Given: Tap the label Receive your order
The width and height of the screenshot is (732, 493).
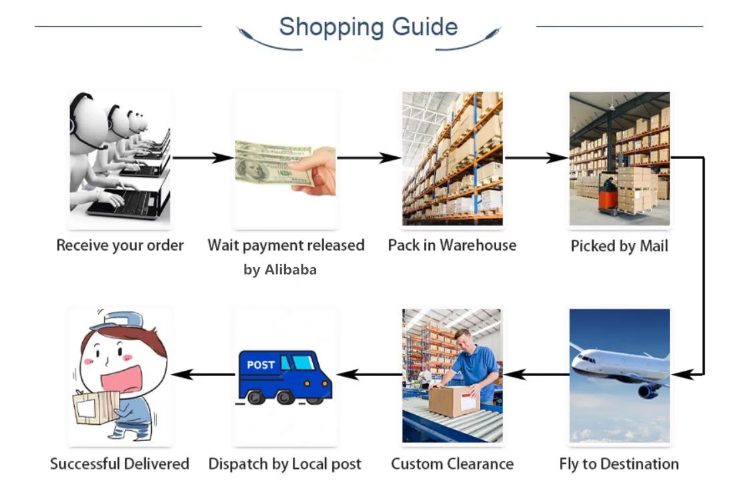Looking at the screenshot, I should click(120, 245).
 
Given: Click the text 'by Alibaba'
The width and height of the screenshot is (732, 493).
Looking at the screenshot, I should click(280, 270).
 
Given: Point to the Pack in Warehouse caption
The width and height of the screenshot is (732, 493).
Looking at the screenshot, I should click(452, 245).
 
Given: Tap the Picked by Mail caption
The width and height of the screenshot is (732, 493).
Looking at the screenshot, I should click(619, 246).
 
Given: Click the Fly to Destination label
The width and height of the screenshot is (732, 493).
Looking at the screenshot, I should click(618, 464).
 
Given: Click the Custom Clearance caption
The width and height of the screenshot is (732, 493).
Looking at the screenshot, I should click(452, 464).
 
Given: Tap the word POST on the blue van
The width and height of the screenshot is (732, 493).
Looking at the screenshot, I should click(261, 365).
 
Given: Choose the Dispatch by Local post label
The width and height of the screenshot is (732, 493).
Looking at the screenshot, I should click(285, 464).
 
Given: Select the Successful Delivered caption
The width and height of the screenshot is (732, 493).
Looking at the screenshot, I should click(120, 464).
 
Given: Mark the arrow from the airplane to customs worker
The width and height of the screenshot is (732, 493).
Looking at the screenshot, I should click(535, 375).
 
